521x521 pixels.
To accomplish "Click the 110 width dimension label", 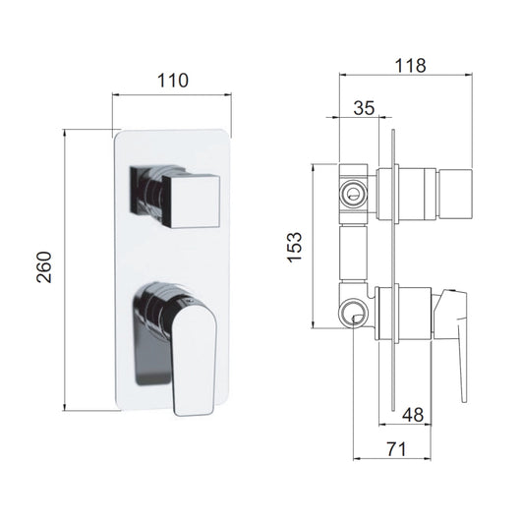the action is (x=172, y=81).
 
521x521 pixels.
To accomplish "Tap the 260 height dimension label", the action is (x=44, y=267).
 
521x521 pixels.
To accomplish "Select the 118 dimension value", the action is (x=410, y=66).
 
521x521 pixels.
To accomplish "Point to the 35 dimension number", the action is (x=364, y=108).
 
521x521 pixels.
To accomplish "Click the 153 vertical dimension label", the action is (x=295, y=247).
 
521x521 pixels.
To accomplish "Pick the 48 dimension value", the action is (x=413, y=415).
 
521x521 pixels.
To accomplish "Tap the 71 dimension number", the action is (x=396, y=449).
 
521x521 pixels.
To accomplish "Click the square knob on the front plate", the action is (x=191, y=202).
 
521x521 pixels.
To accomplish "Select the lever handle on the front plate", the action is (x=194, y=361).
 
